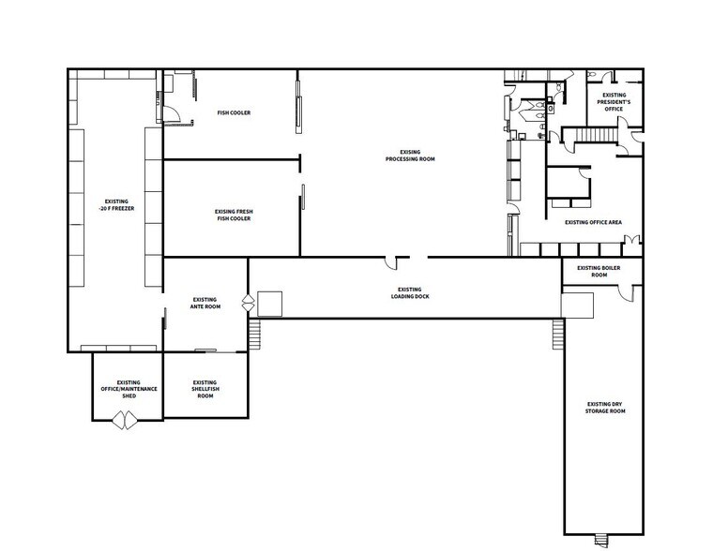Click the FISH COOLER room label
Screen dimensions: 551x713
234,113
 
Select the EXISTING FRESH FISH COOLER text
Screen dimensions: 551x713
234,216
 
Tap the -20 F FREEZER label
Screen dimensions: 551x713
116,205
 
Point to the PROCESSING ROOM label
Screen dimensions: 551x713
410,155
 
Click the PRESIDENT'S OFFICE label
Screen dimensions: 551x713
614,102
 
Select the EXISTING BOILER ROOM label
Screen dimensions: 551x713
599,272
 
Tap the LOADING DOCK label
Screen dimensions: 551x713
409,293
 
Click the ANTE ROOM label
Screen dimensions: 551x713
205,303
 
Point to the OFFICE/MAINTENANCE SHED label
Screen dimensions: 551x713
129,389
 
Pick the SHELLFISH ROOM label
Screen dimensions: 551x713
205,389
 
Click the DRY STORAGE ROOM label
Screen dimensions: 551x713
604,407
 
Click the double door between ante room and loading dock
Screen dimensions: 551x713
248,304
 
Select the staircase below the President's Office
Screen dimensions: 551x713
592,137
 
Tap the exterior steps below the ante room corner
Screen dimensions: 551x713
253,334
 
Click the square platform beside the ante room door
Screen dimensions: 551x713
270,304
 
